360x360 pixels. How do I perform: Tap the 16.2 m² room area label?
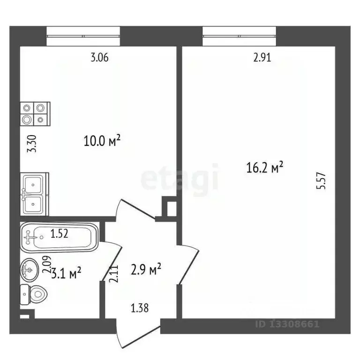pyautogui.click(x=265, y=167)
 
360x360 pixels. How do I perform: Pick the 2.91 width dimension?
pyautogui.click(x=262, y=58)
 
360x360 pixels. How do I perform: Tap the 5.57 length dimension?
pyautogui.click(x=321, y=180)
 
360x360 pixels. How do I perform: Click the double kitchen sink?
pyautogui.click(x=34, y=193)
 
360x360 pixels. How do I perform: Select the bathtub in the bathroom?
pyautogui.click(x=59, y=236)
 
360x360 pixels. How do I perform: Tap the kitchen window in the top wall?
pyautogui.click(x=83, y=36)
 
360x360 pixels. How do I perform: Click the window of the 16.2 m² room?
pyautogui.click(x=240, y=36)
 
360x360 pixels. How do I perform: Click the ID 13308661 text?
pyautogui.click(x=287, y=324)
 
